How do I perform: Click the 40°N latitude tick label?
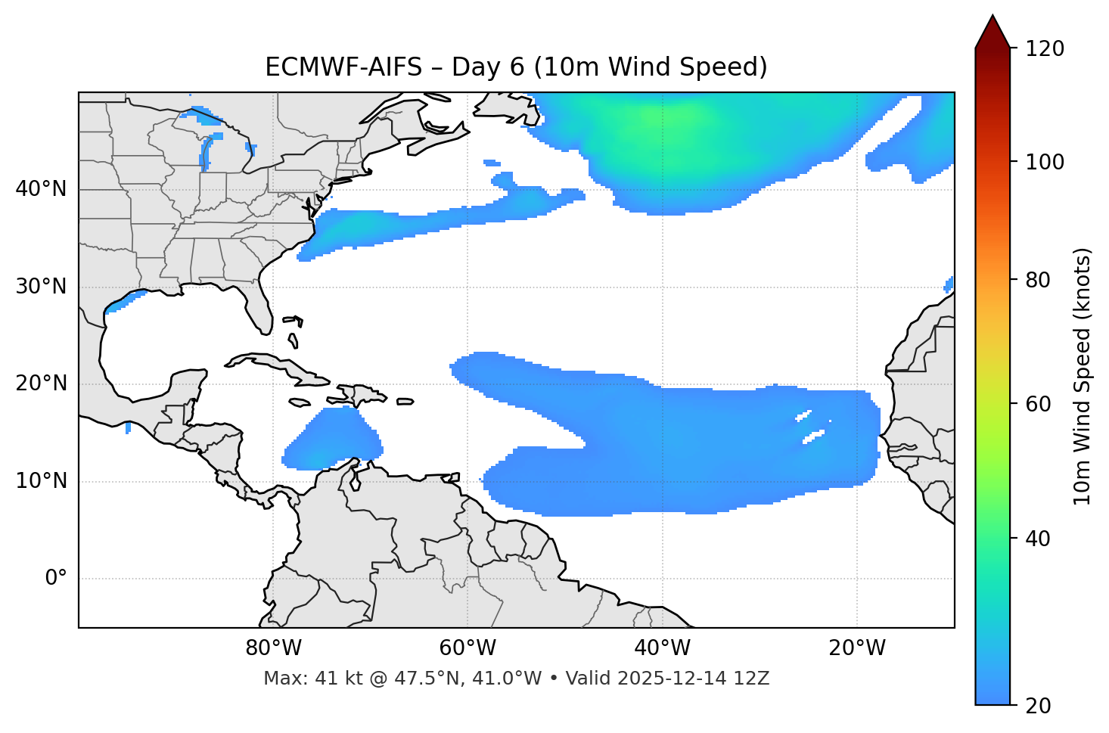point(41,189)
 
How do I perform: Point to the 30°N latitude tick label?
point(41,287)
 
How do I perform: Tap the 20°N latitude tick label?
point(41,384)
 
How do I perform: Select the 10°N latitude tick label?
point(41,481)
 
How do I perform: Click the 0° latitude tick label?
point(56,579)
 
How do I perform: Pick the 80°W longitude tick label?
point(273,648)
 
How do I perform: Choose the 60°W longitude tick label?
point(468,648)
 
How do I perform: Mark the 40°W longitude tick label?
point(663,648)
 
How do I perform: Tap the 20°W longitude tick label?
point(857,648)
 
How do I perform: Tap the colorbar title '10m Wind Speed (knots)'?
point(1083,376)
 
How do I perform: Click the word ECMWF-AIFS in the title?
point(343,67)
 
